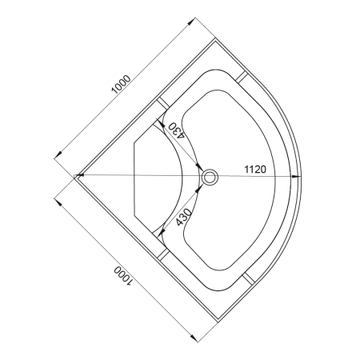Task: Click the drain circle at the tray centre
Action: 210,177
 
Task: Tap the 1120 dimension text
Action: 255,169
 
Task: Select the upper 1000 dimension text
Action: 122,85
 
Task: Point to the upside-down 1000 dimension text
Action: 123,276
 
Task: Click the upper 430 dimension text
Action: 176,130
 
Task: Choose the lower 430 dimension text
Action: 184,217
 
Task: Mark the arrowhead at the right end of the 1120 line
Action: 295,176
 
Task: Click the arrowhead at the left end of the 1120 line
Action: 78,175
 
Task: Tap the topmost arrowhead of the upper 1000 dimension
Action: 191,22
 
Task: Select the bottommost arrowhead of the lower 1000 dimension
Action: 194,338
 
